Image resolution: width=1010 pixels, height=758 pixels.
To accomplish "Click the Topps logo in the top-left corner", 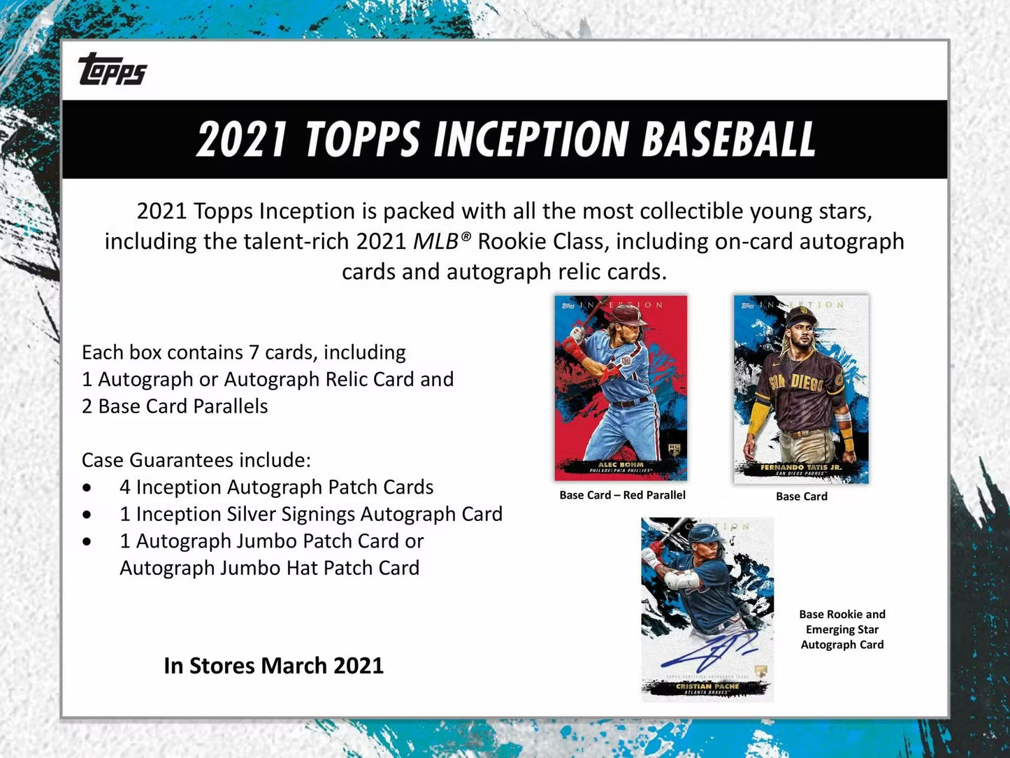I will pyautogui.click(x=113, y=69).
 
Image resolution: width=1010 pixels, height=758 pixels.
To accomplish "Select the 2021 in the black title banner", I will pyautogui.click(x=241, y=138).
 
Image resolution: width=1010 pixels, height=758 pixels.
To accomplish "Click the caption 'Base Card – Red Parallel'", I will pyautogui.click(x=622, y=495).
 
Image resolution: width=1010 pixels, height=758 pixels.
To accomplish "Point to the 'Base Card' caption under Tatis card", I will pyautogui.click(x=801, y=496).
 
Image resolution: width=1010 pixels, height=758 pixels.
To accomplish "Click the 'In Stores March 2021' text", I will pyautogui.click(x=273, y=666).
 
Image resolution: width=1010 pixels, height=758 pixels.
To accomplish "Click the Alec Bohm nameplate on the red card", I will pyautogui.click(x=621, y=466).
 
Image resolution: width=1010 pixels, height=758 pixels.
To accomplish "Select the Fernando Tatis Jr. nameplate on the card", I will pyautogui.click(x=801, y=469).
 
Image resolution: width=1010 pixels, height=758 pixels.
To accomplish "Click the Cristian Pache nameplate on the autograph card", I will pyautogui.click(x=707, y=687).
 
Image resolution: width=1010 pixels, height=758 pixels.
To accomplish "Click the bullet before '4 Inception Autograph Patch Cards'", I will pyautogui.click(x=87, y=487).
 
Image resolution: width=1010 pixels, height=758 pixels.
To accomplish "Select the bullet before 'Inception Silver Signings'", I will pyautogui.click(x=87, y=515).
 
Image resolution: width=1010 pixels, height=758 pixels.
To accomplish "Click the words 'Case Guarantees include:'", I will pyautogui.click(x=196, y=460).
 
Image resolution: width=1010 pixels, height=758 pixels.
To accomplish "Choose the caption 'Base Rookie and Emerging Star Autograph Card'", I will pyautogui.click(x=842, y=629).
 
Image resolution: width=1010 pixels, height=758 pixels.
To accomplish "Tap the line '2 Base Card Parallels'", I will pyautogui.click(x=175, y=406).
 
